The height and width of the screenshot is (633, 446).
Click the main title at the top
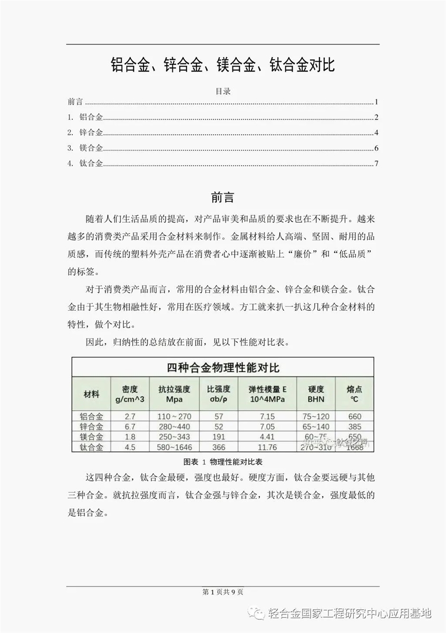click(x=222, y=65)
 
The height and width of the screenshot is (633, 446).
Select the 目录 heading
click(x=223, y=91)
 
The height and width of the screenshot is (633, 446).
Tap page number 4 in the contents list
click(x=377, y=133)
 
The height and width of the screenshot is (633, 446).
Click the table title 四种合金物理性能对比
click(x=222, y=367)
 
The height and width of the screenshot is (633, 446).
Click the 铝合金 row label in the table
click(x=91, y=416)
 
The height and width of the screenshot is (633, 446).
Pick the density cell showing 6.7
click(x=130, y=426)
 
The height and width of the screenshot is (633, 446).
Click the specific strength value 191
click(x=218, y=437)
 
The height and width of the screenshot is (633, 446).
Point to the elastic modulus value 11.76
click(x=267, y=447)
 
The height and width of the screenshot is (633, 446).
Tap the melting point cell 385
click(x=354, y=426)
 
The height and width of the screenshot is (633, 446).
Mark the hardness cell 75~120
click(x=315, y=416)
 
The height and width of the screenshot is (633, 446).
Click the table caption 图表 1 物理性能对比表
click(x=222, y=462)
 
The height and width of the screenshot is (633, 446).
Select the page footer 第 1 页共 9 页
click(x=222, y=592)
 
